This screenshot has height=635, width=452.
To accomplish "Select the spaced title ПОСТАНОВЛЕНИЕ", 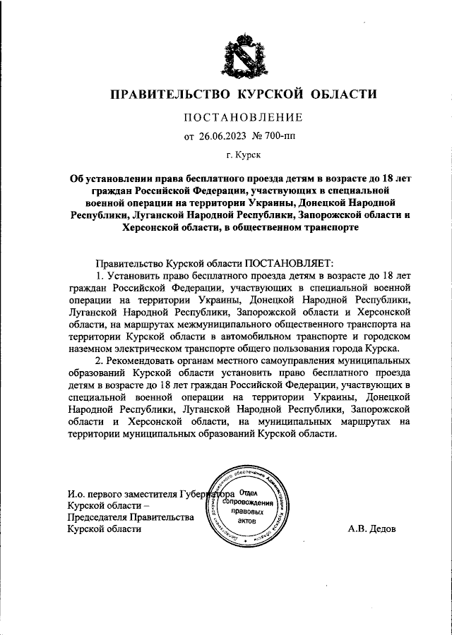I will [243, 117].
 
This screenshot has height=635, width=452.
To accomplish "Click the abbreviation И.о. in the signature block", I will [78, 493].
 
